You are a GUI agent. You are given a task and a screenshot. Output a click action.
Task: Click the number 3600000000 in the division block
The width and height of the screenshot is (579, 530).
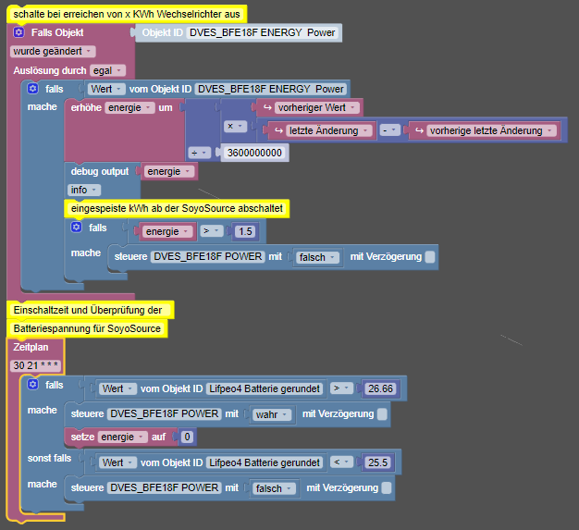tap(254, 153)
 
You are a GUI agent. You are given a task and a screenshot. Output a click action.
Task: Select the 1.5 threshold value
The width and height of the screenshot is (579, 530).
tap(245, 231)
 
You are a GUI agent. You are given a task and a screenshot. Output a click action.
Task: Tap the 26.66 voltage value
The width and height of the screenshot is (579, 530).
tap(380, 388)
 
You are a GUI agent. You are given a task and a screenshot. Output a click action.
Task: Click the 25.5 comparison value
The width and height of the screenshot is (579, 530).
tap(377, 462)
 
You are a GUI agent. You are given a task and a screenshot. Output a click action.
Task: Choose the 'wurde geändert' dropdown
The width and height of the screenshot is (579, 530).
tap(53, 52)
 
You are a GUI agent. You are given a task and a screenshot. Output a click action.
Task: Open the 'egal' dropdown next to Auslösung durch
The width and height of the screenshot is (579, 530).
tap(107, 70)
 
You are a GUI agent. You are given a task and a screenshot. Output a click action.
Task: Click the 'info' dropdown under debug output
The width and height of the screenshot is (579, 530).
tap(84, 190)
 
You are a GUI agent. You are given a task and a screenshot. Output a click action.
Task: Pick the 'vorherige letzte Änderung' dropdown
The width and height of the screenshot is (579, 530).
tap(491, 130)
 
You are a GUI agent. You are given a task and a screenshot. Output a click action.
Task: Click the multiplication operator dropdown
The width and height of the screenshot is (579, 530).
tap(235, 127)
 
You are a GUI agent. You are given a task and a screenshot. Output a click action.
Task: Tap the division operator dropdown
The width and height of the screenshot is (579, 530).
tap(199, 153)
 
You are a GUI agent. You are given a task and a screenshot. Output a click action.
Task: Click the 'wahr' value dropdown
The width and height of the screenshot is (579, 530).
tap(271, 414)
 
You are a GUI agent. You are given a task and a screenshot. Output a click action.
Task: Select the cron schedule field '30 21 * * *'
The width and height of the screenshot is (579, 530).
tap(36, 365)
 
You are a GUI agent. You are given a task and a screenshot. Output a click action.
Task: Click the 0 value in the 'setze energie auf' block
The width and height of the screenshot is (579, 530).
tap(187, 437)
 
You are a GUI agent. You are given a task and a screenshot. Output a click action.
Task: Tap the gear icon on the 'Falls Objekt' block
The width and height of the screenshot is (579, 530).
tap(18, 32)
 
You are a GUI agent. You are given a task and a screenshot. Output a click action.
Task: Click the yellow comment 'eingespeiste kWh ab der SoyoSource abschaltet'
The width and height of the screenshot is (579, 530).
tap(177, 209)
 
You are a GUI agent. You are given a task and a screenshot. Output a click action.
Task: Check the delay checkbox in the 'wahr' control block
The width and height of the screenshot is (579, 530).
tap(382, 414)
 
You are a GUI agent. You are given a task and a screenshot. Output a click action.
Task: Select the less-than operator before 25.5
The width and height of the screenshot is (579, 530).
tap(341, 462)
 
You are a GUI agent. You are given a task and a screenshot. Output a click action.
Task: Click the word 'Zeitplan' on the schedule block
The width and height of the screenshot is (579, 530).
tap(31, 347)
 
